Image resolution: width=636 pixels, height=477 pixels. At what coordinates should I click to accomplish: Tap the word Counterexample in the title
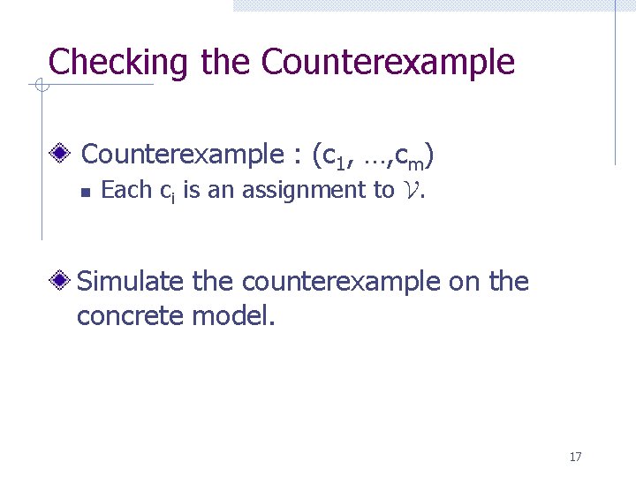(x=389, y=63)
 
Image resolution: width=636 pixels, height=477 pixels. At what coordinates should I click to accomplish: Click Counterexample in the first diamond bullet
(x=180, y=155)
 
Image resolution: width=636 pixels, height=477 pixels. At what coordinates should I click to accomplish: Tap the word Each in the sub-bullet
(x=126, y=190)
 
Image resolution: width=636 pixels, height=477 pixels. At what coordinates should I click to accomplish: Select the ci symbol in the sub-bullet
(x=166, y=192)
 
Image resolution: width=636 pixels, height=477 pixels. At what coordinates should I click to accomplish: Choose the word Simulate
(x=132, y=282)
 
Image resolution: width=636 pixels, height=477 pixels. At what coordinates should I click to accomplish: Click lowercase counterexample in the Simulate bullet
(x=340, y=283)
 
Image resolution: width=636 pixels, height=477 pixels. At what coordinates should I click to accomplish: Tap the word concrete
(x=130, y=315)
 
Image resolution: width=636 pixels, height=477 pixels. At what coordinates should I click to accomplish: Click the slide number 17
(x=575, y=457)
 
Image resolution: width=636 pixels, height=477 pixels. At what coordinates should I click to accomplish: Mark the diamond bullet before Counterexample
(x=60, y=155)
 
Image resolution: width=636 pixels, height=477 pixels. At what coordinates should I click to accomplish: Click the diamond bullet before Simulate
(x=60, y=282)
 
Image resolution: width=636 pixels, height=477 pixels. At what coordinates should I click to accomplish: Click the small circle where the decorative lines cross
(x=40, y=85)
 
